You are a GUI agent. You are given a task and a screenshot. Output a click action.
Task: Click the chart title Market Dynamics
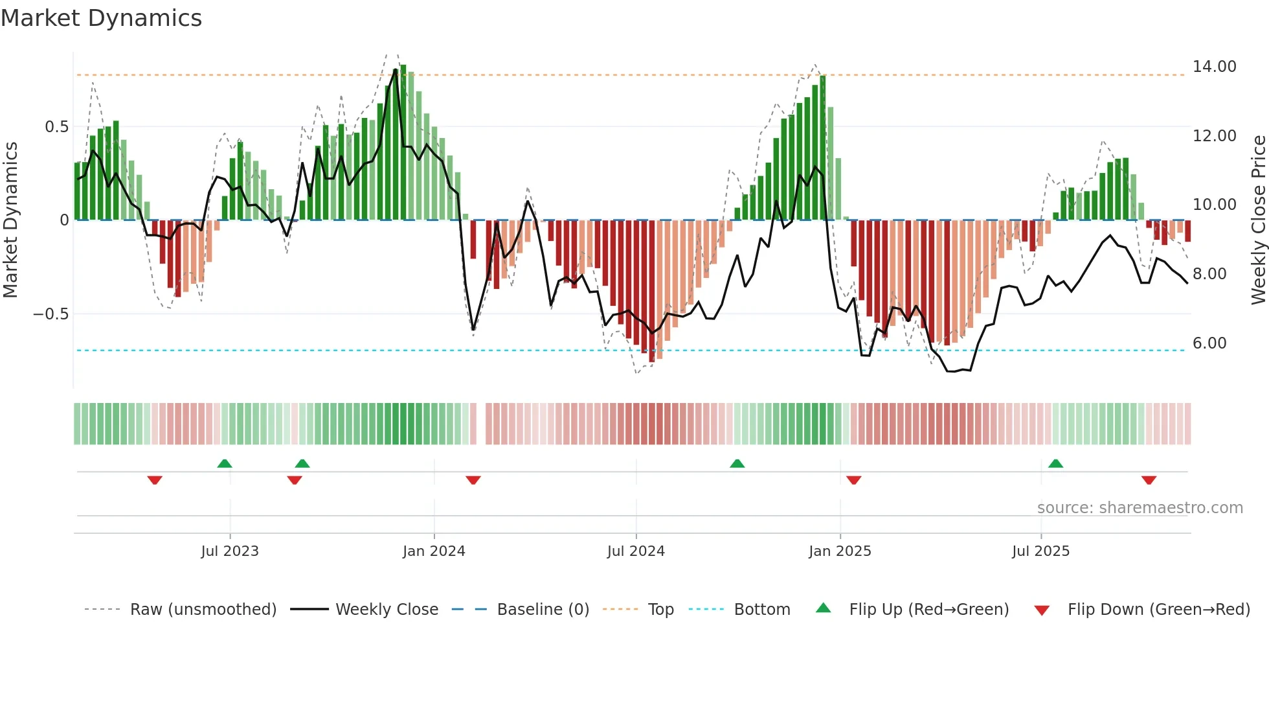[x=102, y=18]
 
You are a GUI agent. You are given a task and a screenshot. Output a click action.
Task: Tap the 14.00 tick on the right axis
[x=1214, y=67]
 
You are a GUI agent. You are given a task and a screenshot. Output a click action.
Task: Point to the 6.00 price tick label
[x=1209, y=343]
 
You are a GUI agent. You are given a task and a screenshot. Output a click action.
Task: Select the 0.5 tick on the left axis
[x=56, y=127]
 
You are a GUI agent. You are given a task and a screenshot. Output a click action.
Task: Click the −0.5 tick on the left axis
[x=51, y=314]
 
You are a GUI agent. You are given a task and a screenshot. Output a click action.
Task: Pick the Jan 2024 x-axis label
[x=434, y=551]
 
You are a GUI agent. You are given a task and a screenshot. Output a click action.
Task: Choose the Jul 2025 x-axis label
[x=1040, y=551]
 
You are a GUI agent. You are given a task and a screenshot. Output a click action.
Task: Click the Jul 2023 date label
[x=230, y=551]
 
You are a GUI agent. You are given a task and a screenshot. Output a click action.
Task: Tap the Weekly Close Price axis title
[x=1258, y=220]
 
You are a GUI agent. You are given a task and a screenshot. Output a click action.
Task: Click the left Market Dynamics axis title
[x=10, y=220]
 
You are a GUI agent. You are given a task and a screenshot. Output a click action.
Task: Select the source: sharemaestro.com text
[x=1140, y=508]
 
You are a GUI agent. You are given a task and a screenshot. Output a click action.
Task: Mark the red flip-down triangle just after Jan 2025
[x=853, y=480]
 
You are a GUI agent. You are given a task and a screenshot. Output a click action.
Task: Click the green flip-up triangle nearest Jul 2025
[x=1055, y=463]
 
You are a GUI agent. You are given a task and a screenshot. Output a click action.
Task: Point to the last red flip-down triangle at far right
[x=1149, y=480]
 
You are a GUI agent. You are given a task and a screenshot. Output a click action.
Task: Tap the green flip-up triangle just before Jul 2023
[x=224, y=463]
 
